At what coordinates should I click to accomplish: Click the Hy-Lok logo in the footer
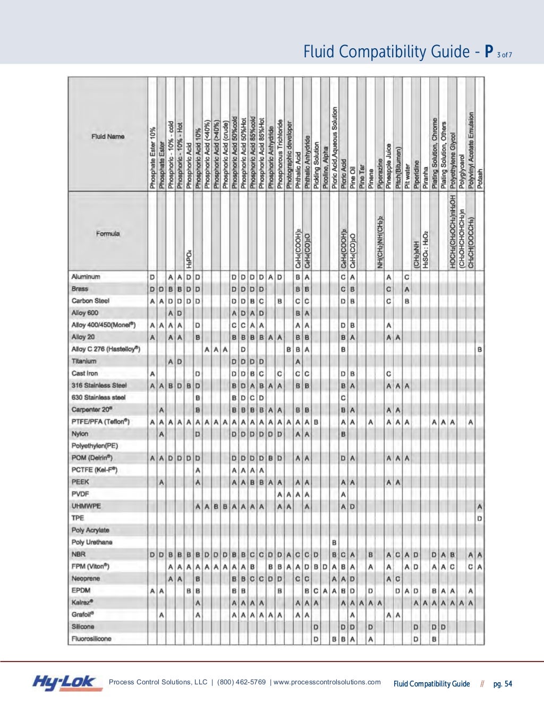pos(64,683)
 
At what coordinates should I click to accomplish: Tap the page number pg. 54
pos(503,684)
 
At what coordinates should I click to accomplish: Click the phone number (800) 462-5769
pos(241,682)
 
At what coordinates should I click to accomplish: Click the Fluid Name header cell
pos(108,136)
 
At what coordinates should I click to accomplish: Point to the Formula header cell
pos(108,234)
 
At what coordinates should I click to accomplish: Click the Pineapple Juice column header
pos(389,166)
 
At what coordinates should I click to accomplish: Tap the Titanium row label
pos(84,361)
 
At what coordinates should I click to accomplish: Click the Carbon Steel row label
pos(90,301)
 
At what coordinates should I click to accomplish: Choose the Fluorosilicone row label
pos(91,639)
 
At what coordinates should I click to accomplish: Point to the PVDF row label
pos(80,494)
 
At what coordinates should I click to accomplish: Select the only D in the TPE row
pos(480,518)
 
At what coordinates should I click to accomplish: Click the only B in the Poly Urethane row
pos(334,543)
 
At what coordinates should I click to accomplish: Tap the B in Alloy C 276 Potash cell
pos(480,349)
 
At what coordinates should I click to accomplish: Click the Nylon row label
pos(80,434)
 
